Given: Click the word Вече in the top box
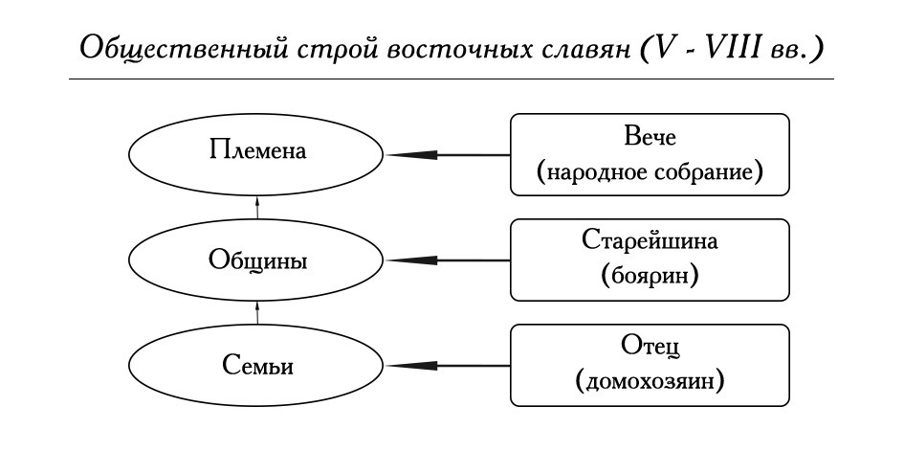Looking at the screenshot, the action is (650, 138).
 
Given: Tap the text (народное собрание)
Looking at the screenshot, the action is (650, 171).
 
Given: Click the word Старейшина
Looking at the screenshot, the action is (650, 240).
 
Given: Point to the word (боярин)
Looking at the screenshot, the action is (650, 277).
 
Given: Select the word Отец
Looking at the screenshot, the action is (650, 347).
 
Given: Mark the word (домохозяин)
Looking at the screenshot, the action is (650, 381).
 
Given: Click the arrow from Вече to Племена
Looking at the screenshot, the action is (449, 155).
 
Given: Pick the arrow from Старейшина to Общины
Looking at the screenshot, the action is (449, 260).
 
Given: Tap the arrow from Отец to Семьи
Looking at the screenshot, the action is (449, 366).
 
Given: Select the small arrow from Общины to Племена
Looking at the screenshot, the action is (257, 208).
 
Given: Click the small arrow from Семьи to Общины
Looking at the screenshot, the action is (257, 313).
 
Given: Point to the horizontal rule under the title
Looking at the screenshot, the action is (452, 79).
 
